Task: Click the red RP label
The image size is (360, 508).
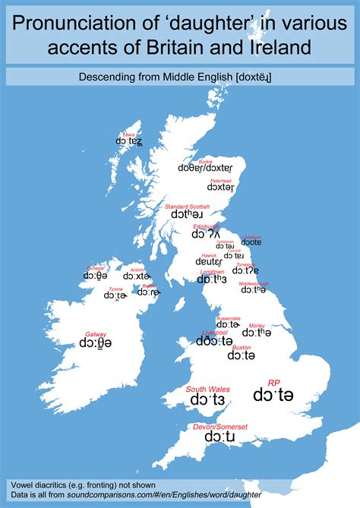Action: pos(273,383)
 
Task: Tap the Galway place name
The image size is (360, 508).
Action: pos(95,333)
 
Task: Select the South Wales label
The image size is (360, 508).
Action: pos(207,389)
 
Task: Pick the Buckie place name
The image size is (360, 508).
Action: pos(205,161)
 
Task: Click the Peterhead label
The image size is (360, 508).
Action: pos(220,179)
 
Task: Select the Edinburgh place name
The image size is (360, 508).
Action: pos(205,226)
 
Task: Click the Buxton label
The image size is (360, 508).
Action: pos(241,347)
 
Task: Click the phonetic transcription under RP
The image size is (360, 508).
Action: pos(273,396)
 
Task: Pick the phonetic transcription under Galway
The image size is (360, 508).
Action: pos(95,344)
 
